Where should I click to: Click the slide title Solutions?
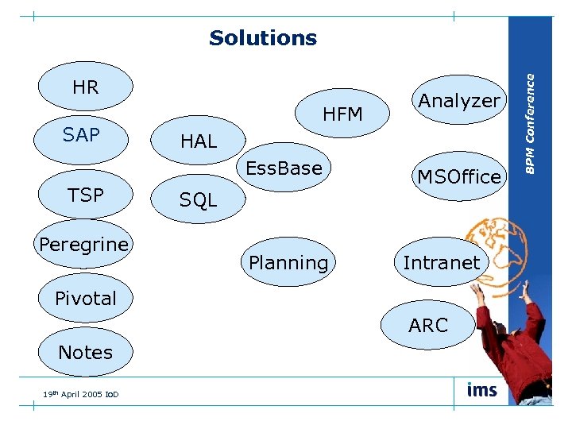[x=263, y=38]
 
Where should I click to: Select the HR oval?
[x=85, y=87]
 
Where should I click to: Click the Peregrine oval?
[x=84, y=245]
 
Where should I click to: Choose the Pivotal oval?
[x=86, y=299]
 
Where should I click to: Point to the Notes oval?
[x=86, y=352]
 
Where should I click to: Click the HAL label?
[x=199, y=141]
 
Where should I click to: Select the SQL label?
[x=198, y=201]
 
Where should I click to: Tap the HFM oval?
[x=342, y=114]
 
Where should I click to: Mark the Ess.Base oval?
[x=284, y=168]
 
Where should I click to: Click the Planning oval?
[x=288, y=262]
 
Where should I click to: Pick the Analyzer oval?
[x=459, y=100]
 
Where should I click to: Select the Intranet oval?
[x=441, y=262]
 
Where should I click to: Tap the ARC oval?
[x=428, y=325]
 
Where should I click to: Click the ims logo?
[x=482, y=390]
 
